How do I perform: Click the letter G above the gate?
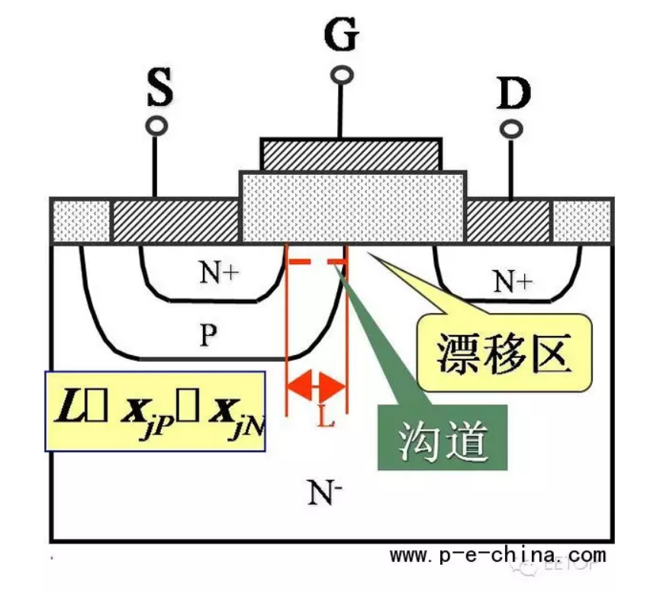pos(341,34)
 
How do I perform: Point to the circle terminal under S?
pos(157,127)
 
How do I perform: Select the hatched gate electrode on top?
pos(351,154)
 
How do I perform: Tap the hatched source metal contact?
pos(175,221)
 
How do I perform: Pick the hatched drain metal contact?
pos(508,221)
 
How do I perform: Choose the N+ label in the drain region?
pos(512,282)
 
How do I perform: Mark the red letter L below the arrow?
pos(326,418)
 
